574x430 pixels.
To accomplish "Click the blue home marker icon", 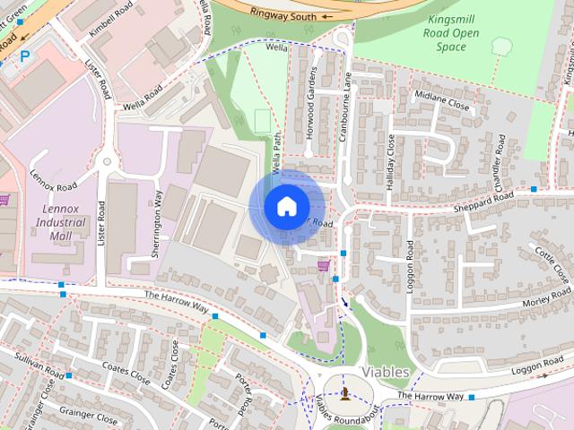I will tap(286, 207).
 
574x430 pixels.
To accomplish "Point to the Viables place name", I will tap(385, 371).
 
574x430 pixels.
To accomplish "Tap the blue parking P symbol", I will tap(24, 56).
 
